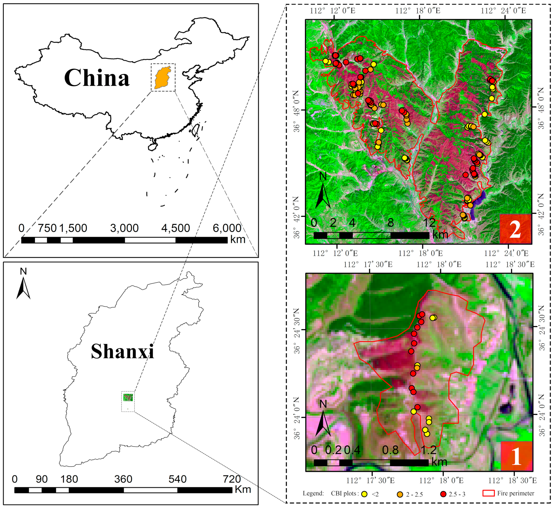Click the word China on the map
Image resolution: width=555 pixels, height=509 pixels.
tap(97, 78)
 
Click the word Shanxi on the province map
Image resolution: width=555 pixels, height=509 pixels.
tap(122, 352)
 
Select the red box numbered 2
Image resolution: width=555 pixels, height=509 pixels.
tap(515, 229)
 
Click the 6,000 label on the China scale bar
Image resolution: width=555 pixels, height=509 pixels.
tap(227, 228)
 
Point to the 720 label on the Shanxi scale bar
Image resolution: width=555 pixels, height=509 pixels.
tap(232, 479)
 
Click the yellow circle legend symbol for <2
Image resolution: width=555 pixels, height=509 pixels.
tap(365, 494)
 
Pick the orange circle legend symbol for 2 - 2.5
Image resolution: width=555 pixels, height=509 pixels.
tap(400, 494)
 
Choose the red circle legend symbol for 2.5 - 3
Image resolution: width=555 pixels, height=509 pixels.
tap(443, 494)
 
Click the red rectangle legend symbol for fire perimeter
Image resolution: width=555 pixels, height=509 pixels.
tap(488, 493)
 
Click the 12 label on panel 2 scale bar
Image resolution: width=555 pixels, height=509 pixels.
tap(429, 223)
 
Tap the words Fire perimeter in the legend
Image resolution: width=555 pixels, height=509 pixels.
tap(516, 493)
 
